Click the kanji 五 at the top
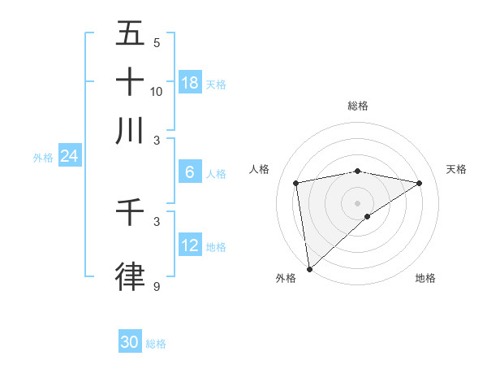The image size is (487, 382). [x=130, y=35]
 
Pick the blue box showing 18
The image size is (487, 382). [x=190, y=82]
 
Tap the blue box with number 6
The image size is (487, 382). [x=190, y=172]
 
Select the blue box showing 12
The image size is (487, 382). [x=190, y=245]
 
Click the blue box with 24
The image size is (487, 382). [x=69, y=156]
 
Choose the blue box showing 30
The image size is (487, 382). [x=130, y=342]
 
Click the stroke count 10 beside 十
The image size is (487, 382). [x=157, y=91]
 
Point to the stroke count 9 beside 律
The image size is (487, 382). [x=157, y=287]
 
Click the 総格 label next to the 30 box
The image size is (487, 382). [x=156, y=344]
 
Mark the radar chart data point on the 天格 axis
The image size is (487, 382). [x=420, y=183]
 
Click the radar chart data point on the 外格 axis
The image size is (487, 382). [x=309, y=268]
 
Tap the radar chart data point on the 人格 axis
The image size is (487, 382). [x=296, y=183]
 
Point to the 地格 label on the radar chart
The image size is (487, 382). [x=425, y=278]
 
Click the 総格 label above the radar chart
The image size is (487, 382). [x=358, y=106]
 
